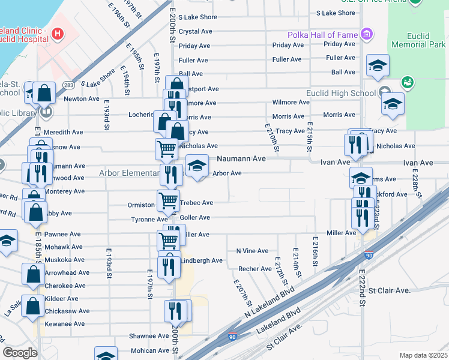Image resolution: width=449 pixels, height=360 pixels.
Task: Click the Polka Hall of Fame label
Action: (322, 35)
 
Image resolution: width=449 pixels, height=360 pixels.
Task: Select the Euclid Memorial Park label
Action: (418, 40)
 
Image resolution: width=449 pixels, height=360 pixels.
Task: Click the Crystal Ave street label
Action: (196, 31)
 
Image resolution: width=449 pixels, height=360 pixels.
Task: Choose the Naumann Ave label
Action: (241, 159)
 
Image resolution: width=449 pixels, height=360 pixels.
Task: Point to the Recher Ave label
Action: (255, 269)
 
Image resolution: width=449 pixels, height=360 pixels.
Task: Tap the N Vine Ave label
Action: (252, 251)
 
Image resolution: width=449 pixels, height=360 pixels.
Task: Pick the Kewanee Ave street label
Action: (65, 324)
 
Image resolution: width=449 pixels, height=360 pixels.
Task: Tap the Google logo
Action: (20, 353)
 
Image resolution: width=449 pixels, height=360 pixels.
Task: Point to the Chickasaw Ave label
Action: (69, 311)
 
